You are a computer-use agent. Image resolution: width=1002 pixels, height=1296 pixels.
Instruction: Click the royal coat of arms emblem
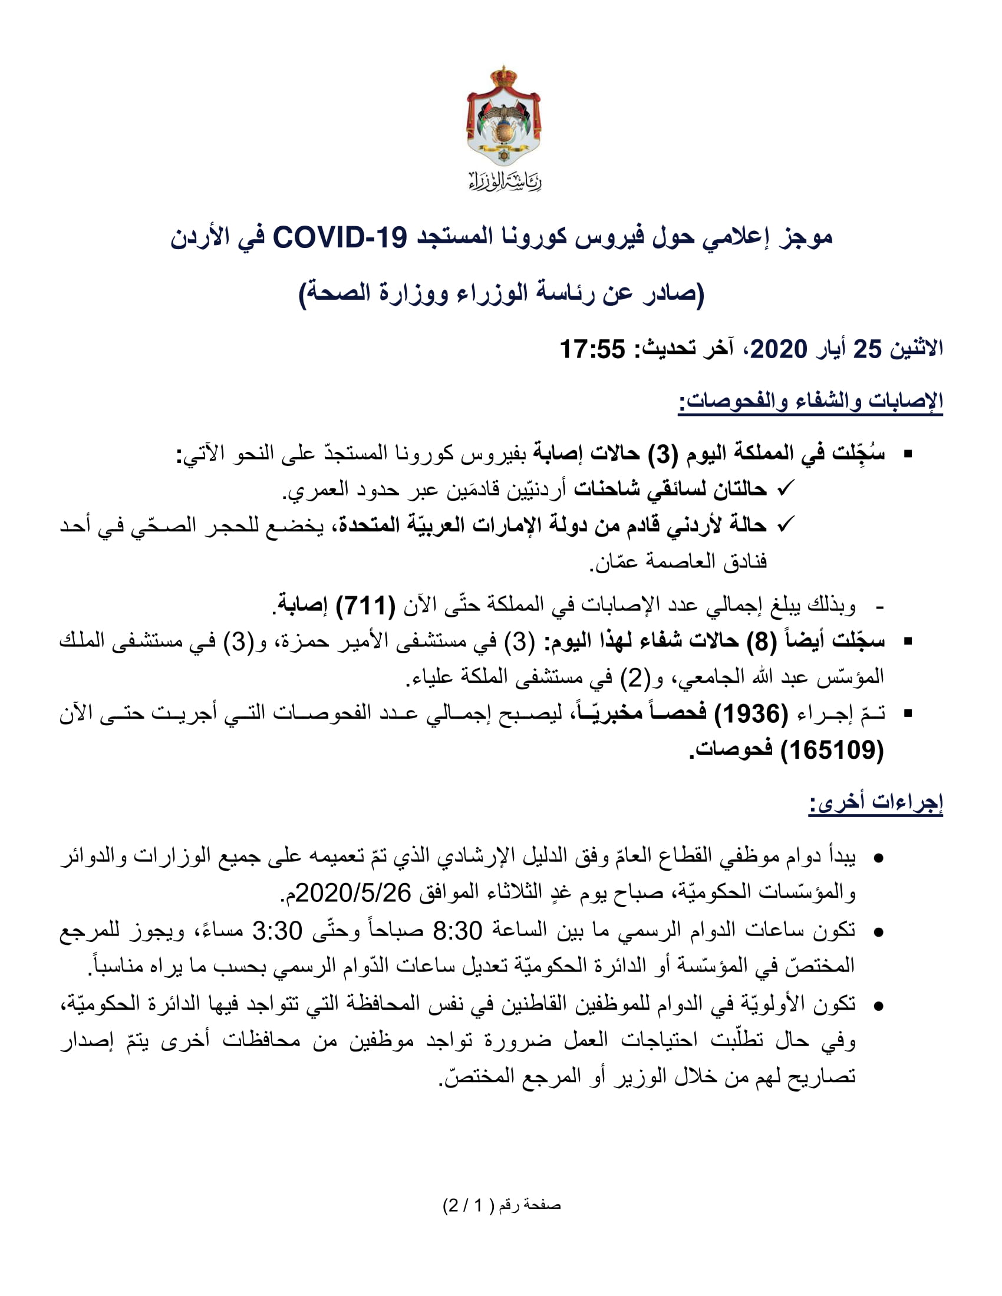(503, 116)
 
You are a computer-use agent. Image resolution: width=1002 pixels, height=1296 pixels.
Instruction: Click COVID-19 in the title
(340, 237)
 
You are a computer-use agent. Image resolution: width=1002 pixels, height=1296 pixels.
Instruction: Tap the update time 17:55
(592, 349)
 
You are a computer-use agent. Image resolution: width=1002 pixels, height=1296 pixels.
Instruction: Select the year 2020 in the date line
(778, 349)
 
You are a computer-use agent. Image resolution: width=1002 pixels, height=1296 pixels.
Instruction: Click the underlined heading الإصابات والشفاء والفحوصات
(811, 401)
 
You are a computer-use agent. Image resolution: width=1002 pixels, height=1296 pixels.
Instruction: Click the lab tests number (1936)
(751, 713)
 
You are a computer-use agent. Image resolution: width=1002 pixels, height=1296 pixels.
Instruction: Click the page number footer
(502, 1205)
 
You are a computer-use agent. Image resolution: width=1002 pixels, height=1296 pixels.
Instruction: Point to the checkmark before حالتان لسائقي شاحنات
(785, 488)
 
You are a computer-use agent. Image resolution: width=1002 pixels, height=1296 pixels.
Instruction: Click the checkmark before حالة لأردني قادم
(785, 524)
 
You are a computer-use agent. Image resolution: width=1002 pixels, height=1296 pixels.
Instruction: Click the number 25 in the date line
(867, 349)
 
